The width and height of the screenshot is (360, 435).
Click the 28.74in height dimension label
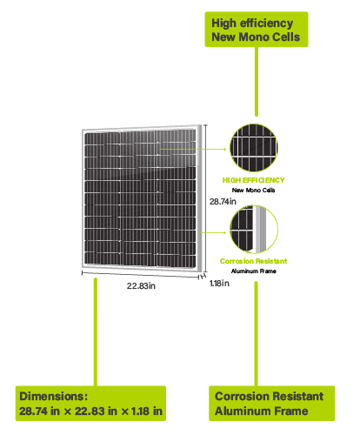[223, 201]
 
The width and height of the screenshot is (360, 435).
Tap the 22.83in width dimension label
[141, 286]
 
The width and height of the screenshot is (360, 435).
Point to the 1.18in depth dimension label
[219, 283]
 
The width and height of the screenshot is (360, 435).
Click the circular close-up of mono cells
[254, 148]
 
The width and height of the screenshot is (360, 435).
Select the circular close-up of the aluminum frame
[254, 229]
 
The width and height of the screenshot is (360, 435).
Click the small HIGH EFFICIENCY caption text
[253, 180]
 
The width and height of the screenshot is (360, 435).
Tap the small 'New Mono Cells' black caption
[253, 191]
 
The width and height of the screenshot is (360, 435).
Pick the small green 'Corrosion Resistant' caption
[253, 261]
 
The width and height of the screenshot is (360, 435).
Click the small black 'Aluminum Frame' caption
[254, 271]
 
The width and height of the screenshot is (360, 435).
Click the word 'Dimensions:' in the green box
[54, 396]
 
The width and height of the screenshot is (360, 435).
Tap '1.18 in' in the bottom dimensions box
[147, 411]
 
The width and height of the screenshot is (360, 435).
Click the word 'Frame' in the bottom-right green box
[291, 411]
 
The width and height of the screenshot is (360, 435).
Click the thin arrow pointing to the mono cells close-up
[193, 149]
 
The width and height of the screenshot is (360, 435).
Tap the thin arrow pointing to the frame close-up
[213, 232]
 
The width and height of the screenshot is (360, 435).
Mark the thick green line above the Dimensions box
[96, 331]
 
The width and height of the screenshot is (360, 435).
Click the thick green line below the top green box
[257, 82]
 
